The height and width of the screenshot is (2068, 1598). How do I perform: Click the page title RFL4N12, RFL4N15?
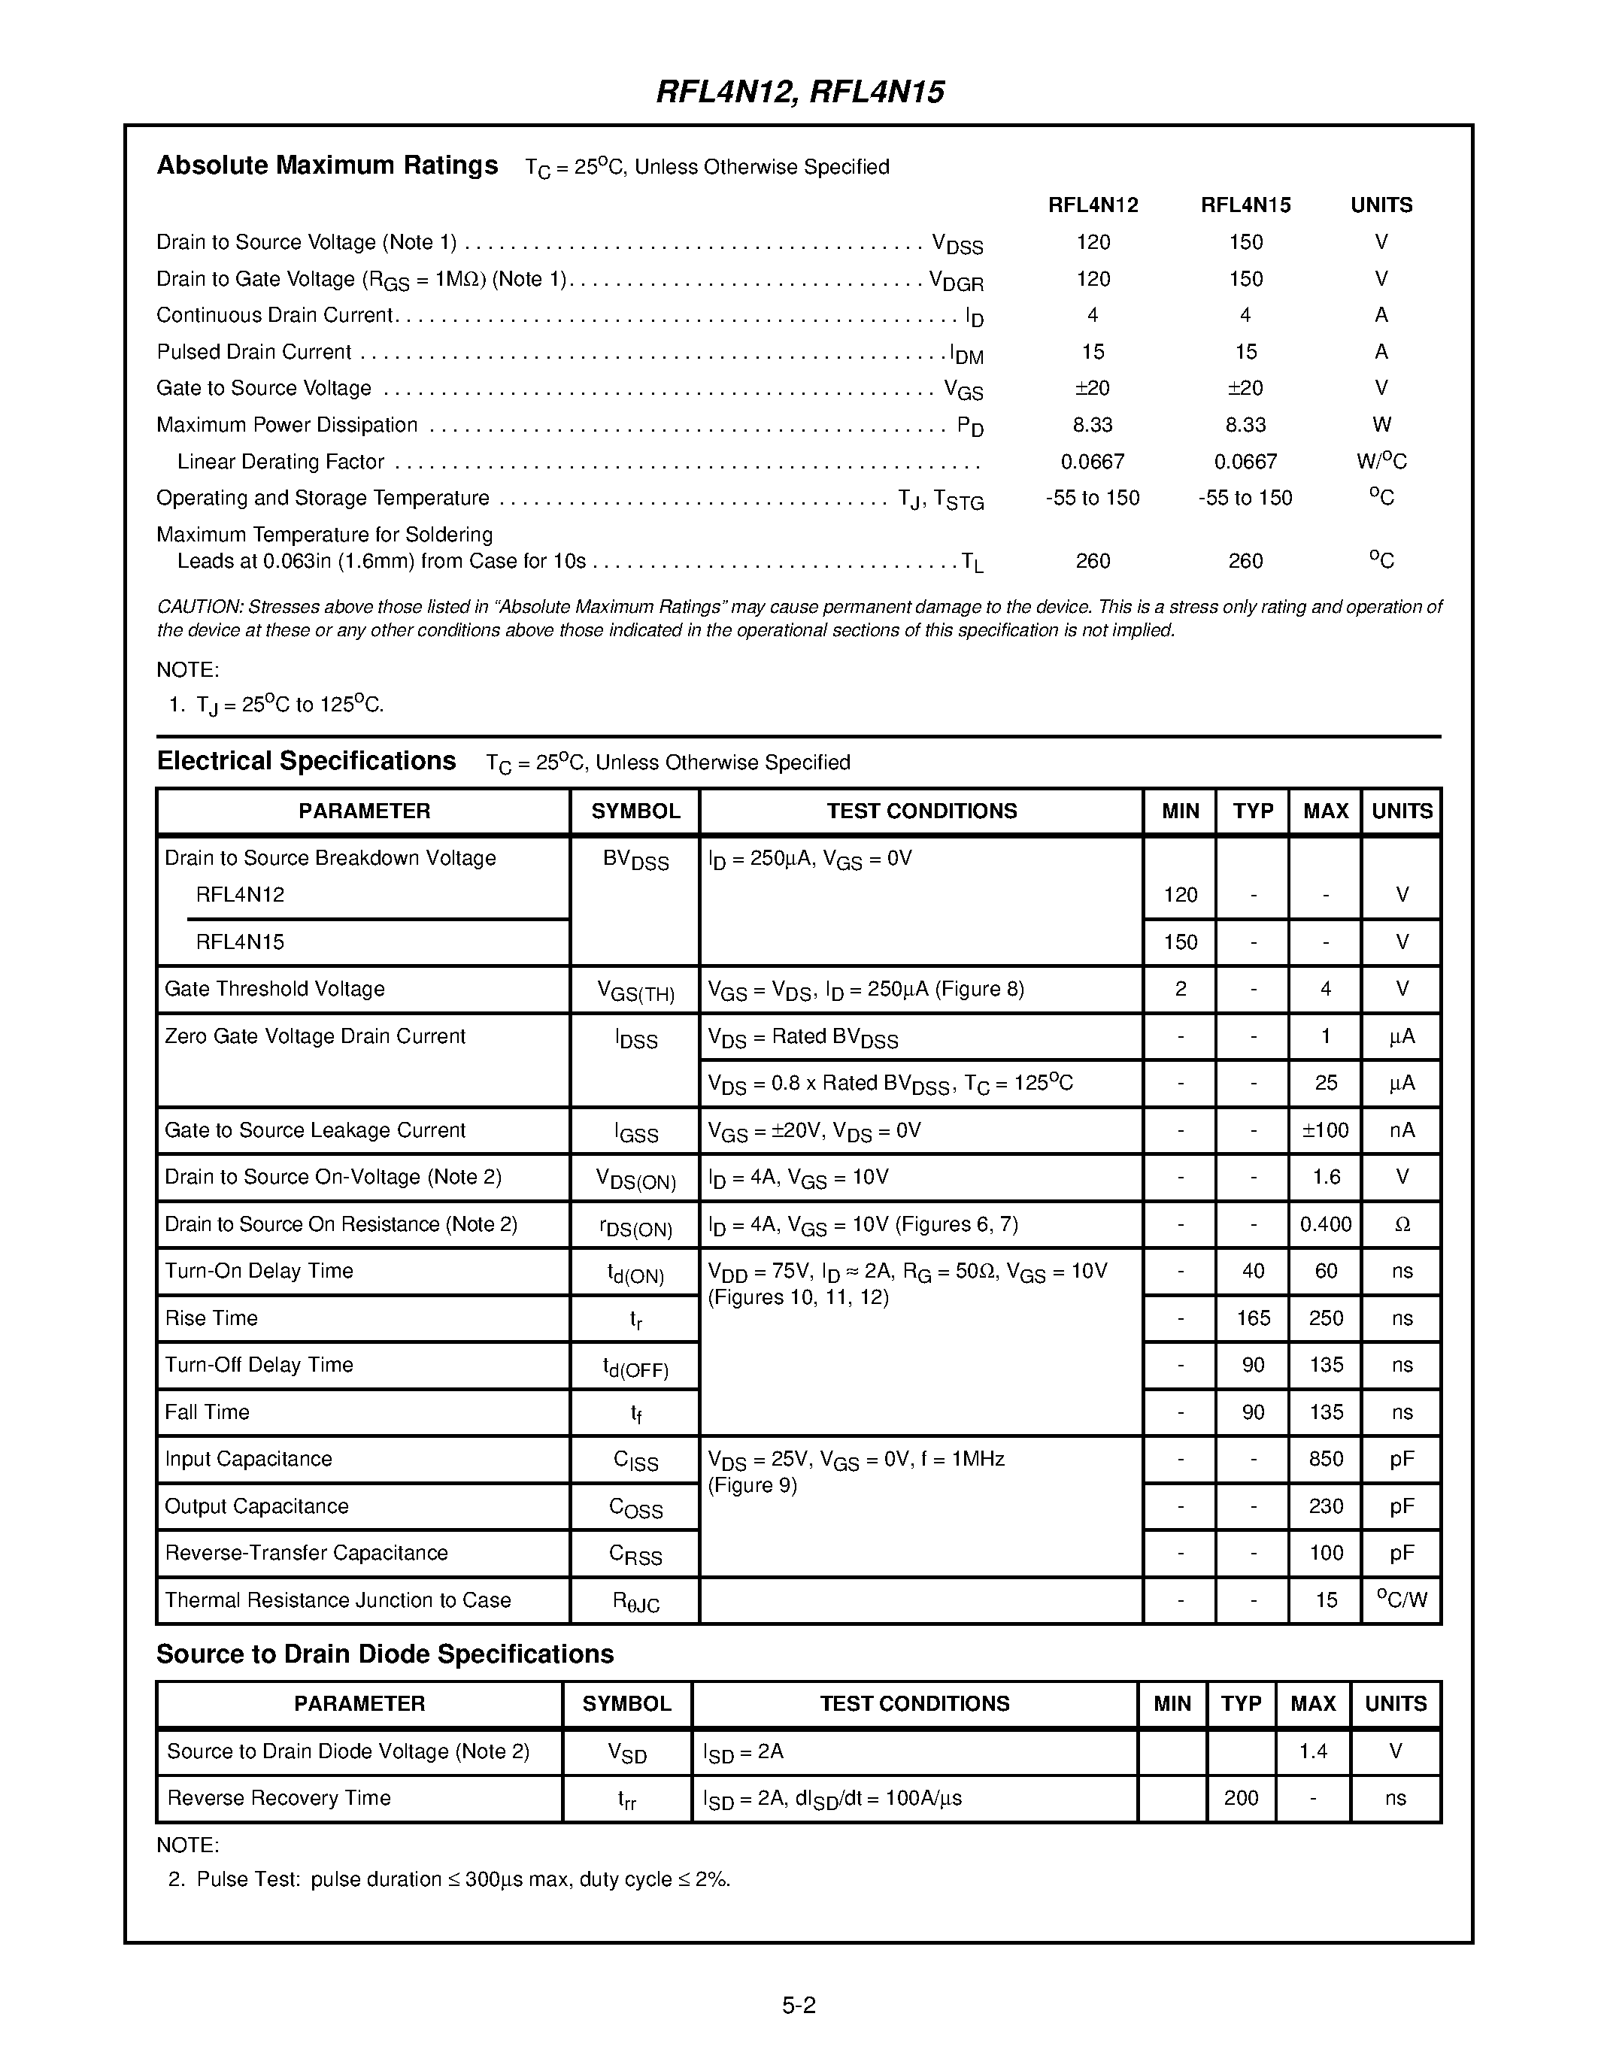click(x=800, y=92)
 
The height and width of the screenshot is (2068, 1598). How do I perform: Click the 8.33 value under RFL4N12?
click(x=1093, y=425)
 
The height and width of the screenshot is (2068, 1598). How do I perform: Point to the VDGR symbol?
click(x=956, y=280)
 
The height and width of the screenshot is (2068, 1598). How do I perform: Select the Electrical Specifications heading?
click(x=306, y=761)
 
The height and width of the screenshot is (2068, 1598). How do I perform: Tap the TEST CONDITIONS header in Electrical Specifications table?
click(x=921, y=811)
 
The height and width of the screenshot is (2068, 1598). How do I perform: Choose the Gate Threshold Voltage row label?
click(x=274, y=990)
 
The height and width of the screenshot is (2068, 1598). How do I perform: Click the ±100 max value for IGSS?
click(x=1325, y=1130)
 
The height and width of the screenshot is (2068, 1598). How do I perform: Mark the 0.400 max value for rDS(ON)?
click(x=1325, y=1224)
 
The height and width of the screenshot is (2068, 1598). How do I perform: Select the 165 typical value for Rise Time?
click(x=1253, y=1318)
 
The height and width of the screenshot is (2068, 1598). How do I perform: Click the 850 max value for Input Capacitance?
click(x=1325, y=1459)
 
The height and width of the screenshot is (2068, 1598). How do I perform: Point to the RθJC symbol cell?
click(x=635, y=1601)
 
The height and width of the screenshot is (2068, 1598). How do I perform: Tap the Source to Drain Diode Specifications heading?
click(x=384, y=1654)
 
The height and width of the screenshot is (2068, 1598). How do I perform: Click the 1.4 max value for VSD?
click(x=1312, y=1751)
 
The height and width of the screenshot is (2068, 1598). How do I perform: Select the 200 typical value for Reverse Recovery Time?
click(x=1240, y=1798)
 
